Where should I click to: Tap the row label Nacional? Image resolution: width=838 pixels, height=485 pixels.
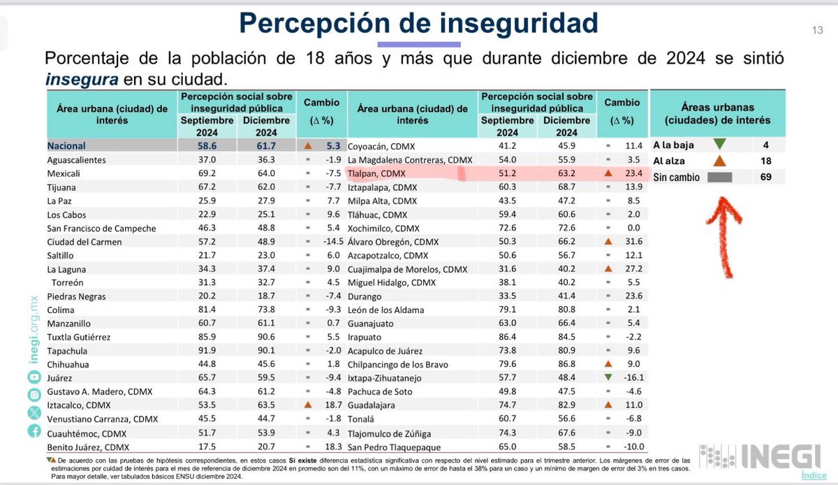coord(66,146)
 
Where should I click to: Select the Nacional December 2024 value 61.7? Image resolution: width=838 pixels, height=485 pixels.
coord(266,146)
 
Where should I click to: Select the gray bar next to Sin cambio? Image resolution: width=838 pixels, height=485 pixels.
coord(719,178)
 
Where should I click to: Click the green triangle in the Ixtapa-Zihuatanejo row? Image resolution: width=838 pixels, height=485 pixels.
coord(608,378)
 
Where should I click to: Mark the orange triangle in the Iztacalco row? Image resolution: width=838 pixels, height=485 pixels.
coord(307,405)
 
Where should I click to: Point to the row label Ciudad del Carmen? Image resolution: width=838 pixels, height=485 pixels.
coord(84,242)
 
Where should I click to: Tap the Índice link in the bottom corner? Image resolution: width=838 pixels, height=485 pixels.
coord(814,475)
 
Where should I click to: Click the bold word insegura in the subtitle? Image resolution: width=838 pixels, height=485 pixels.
coord(82,79)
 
